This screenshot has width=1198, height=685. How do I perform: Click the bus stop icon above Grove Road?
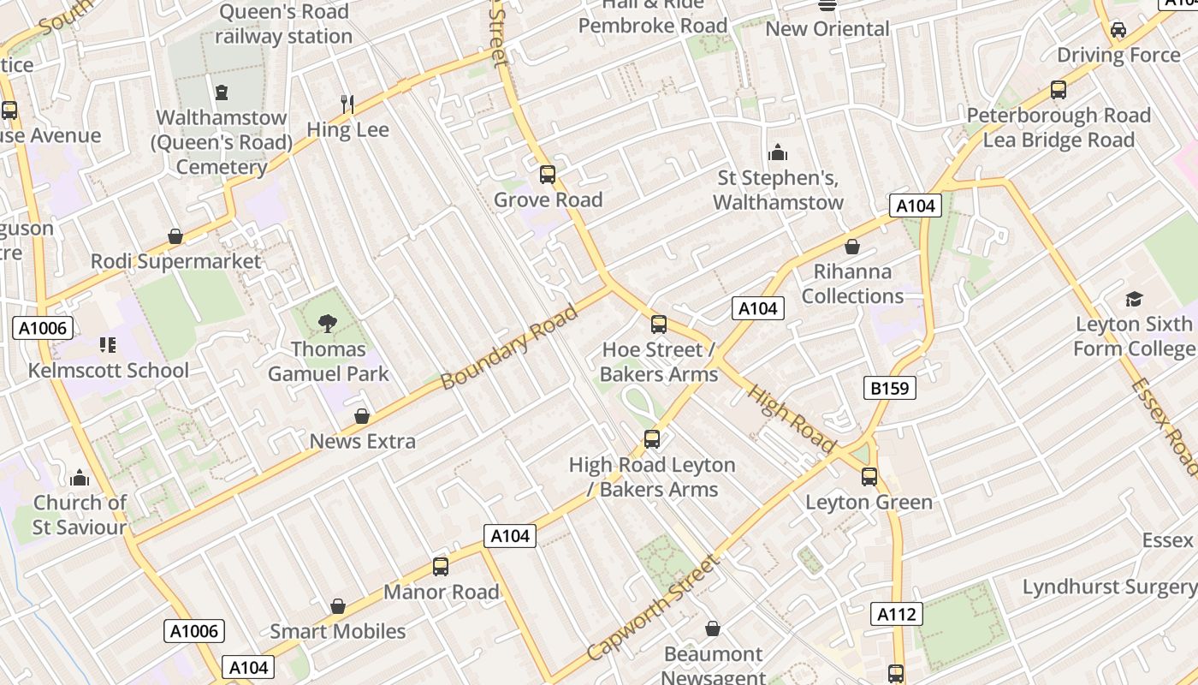pos(548,175)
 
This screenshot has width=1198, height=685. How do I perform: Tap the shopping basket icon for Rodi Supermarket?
pos(175,236)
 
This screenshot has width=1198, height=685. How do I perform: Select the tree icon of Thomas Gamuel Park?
pos(327,323)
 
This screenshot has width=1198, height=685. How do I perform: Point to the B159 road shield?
pos(890,389)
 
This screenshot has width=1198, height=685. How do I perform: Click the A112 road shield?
pos(897,614)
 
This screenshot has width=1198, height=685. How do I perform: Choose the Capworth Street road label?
pos(652,609)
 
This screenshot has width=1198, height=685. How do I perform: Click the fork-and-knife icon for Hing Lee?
pos(347,104)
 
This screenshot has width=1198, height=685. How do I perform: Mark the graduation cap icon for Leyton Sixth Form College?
pos(1134,299)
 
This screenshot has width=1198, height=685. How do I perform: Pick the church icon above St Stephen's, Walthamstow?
pos(778,152)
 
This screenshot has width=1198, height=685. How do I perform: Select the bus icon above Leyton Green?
pos(869,477)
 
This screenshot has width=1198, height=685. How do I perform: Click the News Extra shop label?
pos(363,442)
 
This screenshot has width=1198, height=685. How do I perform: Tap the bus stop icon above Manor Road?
pos(441,566)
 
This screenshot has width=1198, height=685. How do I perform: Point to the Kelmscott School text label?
pos(109,371)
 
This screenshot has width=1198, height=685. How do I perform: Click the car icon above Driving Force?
pos(1118,30)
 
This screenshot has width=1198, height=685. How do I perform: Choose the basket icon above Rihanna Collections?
pos(852,247)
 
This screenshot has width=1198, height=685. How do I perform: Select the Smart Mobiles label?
pos(338,632)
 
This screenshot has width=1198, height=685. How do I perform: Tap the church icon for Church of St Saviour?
pos(80,478)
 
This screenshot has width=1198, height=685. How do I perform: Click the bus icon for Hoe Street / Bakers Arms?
pos(658,325)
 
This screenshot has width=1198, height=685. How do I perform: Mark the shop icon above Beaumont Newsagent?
pos(713,629)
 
